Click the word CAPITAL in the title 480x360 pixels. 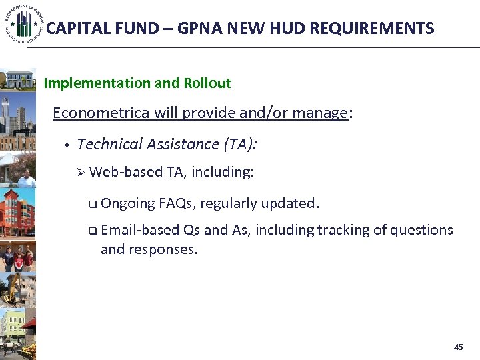tap(73, 29)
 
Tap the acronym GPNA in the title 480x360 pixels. tap(183, 29)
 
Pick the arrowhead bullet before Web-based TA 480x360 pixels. tap(81, 173)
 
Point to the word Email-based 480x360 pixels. tap(140, 230)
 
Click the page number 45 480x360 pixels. tap(457, 347)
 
